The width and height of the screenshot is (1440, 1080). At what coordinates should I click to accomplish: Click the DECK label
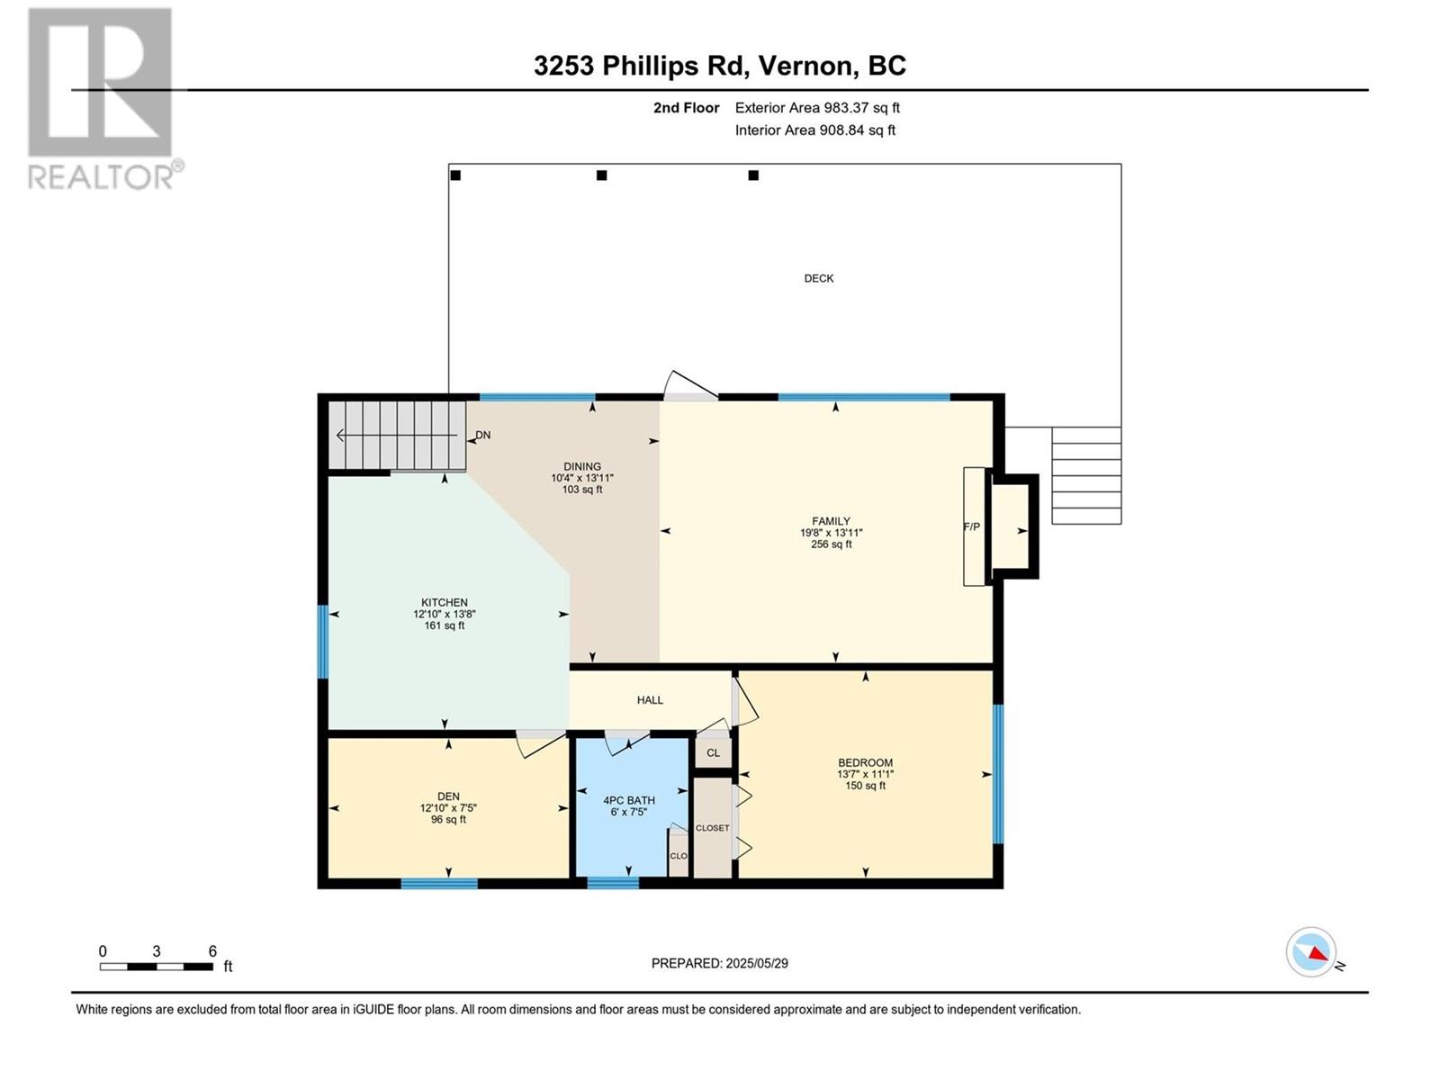[x=818, y=278]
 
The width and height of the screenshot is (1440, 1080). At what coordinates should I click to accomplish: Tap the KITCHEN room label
[x=444, y=602]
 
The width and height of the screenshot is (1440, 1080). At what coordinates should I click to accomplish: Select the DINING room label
[x=582, y=467]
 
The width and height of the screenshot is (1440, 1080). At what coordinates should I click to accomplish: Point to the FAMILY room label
[x=831, y=521]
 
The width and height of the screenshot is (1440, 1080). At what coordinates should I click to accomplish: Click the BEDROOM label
[x=865, y=762]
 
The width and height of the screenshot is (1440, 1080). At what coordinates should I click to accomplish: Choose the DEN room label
[x=448, y=796]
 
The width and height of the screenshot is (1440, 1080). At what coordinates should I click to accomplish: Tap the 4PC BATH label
[x=628, y=800]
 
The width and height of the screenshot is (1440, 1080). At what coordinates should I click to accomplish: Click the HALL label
[x=650, y=699]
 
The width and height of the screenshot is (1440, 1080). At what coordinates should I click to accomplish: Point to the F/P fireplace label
[x=971, y=526]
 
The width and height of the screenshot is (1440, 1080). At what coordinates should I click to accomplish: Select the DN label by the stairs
[x=482, y=435]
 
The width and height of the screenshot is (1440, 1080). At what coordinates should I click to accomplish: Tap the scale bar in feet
[x=156, y=967]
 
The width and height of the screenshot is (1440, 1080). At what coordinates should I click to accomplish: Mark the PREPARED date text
[x=719, y=963]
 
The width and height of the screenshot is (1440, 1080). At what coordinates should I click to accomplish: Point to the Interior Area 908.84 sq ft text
[x=814, y=130]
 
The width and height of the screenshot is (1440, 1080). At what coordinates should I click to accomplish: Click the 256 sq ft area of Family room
[x=831, y=544]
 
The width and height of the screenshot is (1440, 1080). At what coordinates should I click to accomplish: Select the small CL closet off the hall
[x=713, y=752]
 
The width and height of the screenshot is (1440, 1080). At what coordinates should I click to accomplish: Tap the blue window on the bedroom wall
[x=998, y=774]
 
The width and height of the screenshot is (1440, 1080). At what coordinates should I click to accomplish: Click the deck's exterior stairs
[x=1085, y=475]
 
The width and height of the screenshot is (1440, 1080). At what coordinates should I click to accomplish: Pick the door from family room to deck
[x=690, y=387]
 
